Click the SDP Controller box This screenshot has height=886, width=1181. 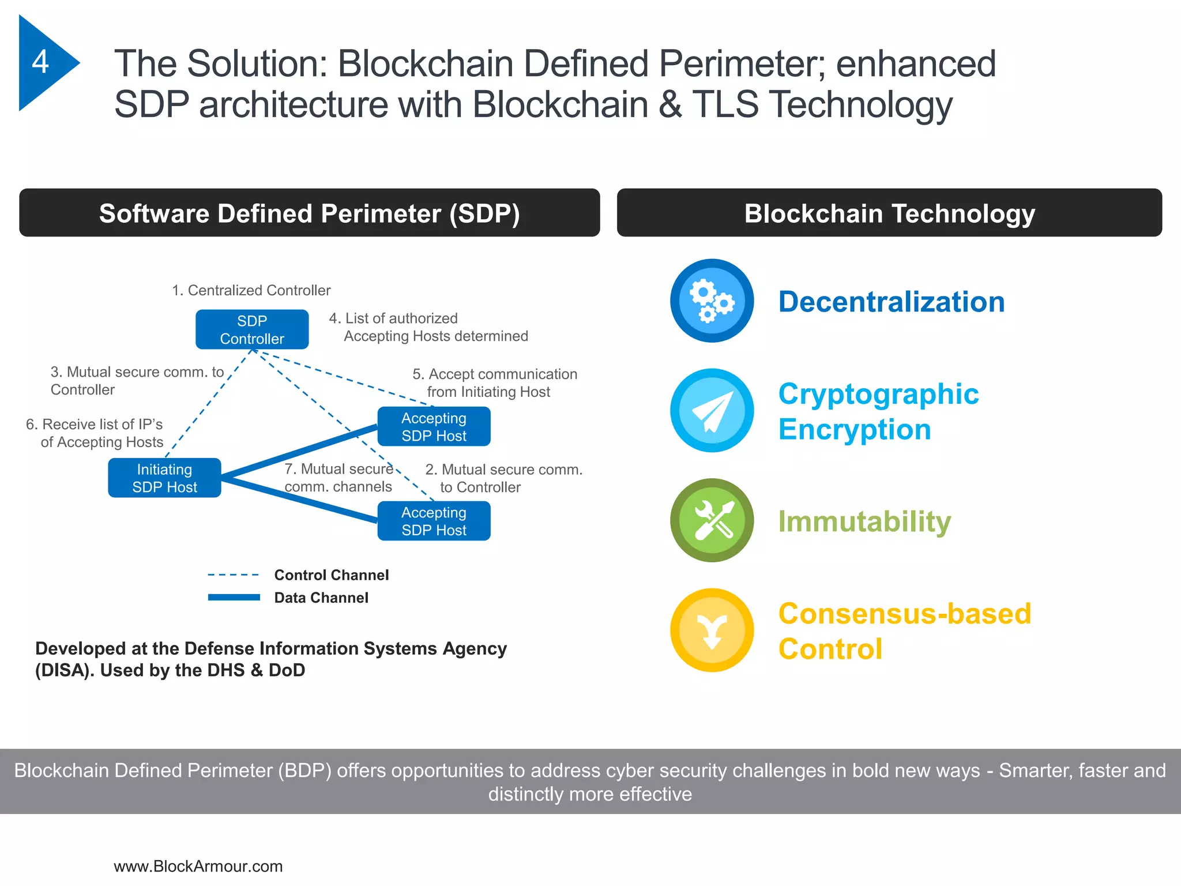[x=252, y=329]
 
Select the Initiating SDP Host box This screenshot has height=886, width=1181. [x=164, y=478]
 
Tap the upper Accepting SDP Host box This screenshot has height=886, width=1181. [x=434, y=426]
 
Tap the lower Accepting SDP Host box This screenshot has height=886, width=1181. [x=434, y=521]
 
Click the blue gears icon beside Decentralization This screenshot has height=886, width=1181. [x=712, y=301]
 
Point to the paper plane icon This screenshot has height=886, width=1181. [x=712, y=410]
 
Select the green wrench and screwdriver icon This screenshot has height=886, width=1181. [x=712, y=520]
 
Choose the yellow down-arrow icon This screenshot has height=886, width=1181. [x=712, y=630]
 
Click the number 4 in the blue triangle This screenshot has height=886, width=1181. [x=40, y=62]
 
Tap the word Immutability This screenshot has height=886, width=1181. [x=864, y=521]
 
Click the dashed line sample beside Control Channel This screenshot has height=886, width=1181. [x=233, y=575]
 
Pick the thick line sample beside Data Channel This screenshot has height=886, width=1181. [x=233, y=598]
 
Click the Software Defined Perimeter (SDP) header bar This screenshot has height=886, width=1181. [x=310, y=213]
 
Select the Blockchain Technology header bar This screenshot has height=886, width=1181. [x=889, y=213]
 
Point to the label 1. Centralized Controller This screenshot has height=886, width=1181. [x=251, y=290]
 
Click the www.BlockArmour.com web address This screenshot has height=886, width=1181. [x=198, y=866]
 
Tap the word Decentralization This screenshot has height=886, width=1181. [x=891, y=302]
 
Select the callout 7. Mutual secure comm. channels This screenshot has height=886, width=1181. [x=338, y=478]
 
